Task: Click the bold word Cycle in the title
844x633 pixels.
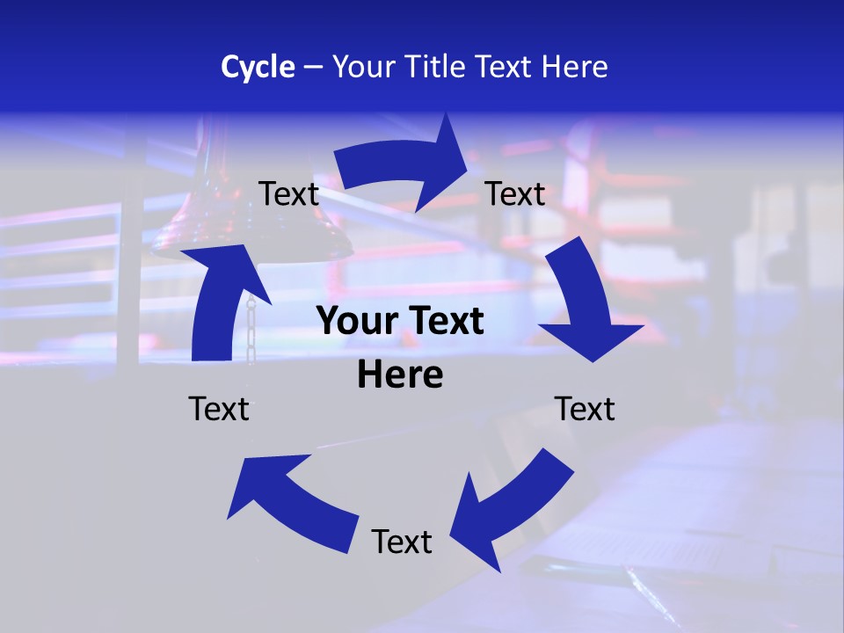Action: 258,67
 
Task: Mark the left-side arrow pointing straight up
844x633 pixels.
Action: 220,303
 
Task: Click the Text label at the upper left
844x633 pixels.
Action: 288,194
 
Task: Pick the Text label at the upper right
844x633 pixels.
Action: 515,194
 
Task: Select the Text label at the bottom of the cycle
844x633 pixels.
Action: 402,542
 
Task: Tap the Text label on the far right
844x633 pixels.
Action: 585,409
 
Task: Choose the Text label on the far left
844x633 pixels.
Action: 219,409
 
